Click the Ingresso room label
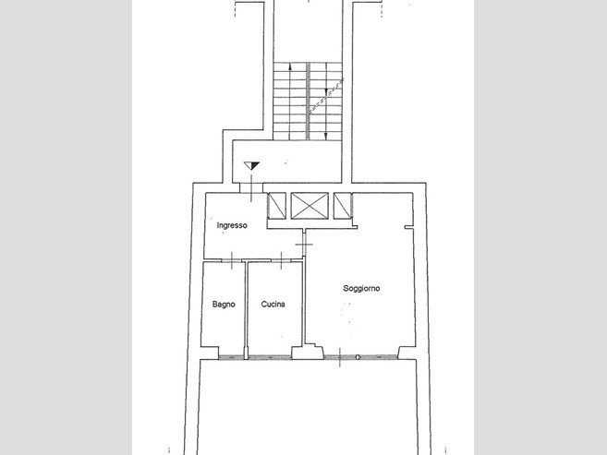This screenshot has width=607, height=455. click(232, 225)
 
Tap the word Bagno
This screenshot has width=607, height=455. click(224, 305)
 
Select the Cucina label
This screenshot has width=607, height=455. click(273, 305)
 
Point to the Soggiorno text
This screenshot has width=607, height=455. click(361, 288)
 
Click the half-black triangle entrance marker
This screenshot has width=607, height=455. click(251, 166)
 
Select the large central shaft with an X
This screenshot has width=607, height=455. click(310, 206)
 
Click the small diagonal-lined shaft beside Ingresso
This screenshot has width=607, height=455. click(277, 206)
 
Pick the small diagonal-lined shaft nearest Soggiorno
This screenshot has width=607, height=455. click(343, 206)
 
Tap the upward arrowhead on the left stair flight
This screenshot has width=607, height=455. click(290, 66)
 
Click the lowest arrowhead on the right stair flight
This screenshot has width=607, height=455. click(325, 136)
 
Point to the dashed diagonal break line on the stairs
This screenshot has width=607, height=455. click(326, 96)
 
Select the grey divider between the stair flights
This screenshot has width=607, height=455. click(309, 101)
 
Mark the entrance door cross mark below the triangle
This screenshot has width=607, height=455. click(251, 188)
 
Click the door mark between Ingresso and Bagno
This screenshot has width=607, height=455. click(232, 260)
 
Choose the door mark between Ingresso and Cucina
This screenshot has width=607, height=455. click(282, 260)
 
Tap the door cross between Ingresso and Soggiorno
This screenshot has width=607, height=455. click(304, 245)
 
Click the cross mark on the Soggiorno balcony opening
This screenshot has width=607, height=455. click(340, 357)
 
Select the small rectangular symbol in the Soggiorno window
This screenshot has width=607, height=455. click(358, 357)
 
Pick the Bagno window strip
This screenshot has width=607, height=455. click(231, 357)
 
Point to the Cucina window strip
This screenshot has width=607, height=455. click(270, 357)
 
